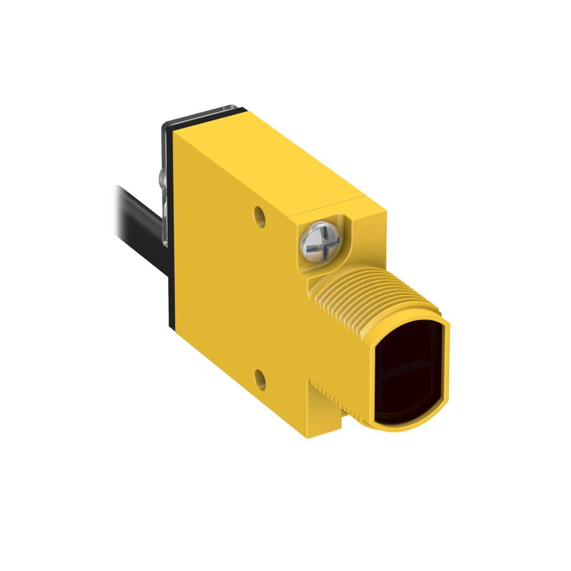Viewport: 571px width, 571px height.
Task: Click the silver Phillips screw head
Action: tap(320, 241)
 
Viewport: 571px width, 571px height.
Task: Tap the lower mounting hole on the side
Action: tap(260, 380)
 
